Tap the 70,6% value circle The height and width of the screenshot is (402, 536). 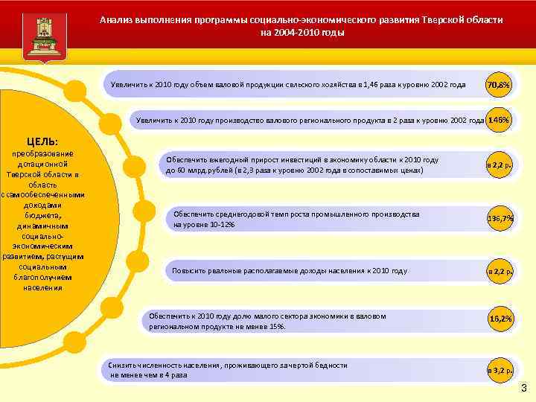pos(497,86)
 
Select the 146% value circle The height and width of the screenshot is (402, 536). pos(499,120)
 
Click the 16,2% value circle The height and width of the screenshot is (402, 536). pos(500,319)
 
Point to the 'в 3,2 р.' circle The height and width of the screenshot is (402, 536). pos(499,369)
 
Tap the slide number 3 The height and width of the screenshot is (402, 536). pos(523,387)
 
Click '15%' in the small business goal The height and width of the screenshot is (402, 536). pos(277,326)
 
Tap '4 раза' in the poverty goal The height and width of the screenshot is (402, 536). pos(174,375)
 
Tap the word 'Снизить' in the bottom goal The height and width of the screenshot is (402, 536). pos(124,366)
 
